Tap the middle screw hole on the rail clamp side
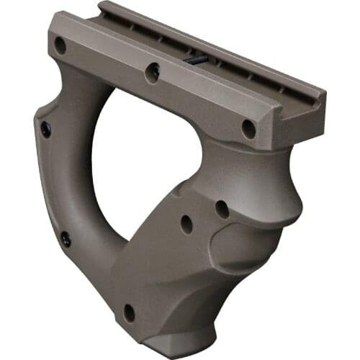(x=153, y=71)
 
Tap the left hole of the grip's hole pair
(x=186, y=224)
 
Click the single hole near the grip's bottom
(x=130, y=312)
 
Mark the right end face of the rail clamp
(x=302, y=119)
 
